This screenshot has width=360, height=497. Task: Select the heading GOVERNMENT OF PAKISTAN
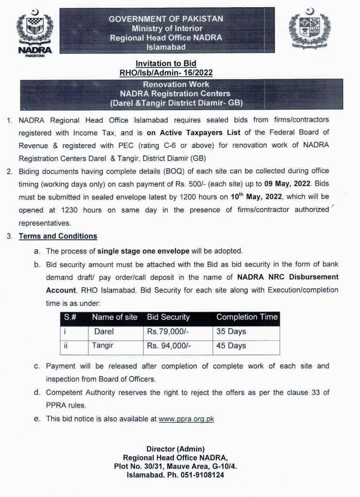pos(166,18)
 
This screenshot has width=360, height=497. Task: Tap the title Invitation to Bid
pos(166,63)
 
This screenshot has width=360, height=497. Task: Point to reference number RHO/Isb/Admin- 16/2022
pos(166,72)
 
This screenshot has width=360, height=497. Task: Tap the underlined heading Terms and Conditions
pos(58,236)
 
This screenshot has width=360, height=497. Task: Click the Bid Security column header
pos(168,317)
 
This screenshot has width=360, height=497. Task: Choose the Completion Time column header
pos(246,317)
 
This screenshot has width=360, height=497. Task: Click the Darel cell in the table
pos(104,331)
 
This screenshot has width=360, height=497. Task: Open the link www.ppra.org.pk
pos(186,419)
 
